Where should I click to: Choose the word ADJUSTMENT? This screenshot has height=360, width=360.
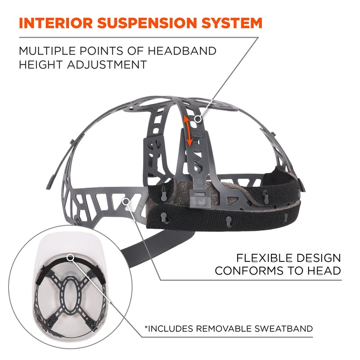[x=110, y=64]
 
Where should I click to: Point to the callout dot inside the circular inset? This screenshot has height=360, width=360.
[x=71, y=257]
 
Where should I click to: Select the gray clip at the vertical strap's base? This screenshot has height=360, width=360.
[x=198, y=195]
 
